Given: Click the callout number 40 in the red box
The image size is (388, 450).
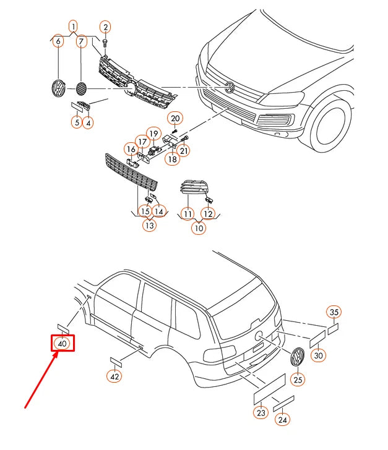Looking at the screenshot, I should click(x=63, y=344).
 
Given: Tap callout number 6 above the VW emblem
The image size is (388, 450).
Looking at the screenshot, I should click(x=58, y=42).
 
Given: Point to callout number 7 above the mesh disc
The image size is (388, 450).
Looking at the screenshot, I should click(x=82, y=42).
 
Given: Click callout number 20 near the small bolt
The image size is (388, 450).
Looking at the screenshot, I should click(x=175, y=118).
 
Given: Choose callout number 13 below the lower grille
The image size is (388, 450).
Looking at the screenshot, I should click(x=149, y=226).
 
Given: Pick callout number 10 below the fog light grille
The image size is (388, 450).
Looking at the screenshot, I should click(x=198, y=227).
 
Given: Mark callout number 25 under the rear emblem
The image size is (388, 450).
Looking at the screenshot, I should click(x=298, y=380).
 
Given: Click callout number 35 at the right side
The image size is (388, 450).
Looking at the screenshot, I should click(x=334, y=312).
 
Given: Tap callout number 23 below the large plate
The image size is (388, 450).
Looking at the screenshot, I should click(x=261, y=412).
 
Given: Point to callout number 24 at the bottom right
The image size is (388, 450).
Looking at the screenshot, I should click(x=283, y=420).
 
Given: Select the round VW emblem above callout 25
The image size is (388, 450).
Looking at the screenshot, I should click(x=298, y=357).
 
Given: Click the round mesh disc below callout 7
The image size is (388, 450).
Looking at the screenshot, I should click(x=81, y=88).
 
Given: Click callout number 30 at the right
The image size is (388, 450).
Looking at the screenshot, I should click(x=318, y=355).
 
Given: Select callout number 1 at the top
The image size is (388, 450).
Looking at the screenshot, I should click(x=73, y=27).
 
